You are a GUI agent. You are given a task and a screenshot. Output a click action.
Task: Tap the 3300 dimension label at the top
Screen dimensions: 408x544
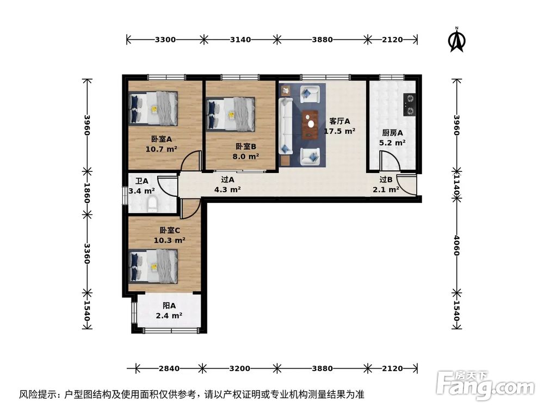[x=165, y=39]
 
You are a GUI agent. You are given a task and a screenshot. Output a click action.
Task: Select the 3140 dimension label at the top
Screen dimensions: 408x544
[x=240, y=39]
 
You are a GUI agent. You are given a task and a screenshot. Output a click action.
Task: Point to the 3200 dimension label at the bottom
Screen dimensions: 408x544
[x=240, y=368]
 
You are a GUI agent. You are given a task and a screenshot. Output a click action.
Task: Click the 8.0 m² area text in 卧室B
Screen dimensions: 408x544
[x=246, y=156]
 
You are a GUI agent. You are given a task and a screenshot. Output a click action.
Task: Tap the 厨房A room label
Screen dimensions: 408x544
[x=392, y=133]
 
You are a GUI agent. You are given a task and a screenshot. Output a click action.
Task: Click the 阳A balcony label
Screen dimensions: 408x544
[x=169, y=306]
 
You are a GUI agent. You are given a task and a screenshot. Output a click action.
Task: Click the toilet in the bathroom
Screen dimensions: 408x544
[x=152, y=205]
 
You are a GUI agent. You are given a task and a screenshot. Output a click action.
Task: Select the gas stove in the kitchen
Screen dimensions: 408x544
[x=410, y=104]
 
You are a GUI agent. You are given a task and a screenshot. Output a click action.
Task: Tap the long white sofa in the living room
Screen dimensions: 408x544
[x=285, y=126]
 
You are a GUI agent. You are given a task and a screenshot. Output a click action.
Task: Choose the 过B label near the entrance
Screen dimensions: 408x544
[x=386, y=180]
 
